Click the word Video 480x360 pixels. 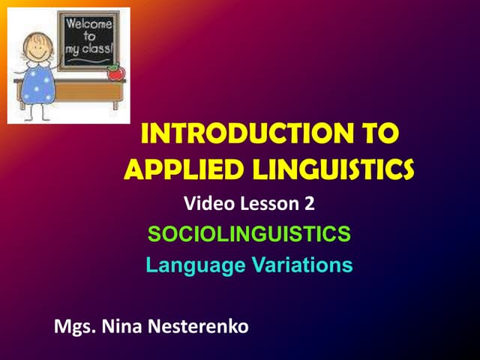click(203, 202)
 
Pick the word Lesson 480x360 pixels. click(271, 202)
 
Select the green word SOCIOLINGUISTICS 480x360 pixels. click(249, 235)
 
